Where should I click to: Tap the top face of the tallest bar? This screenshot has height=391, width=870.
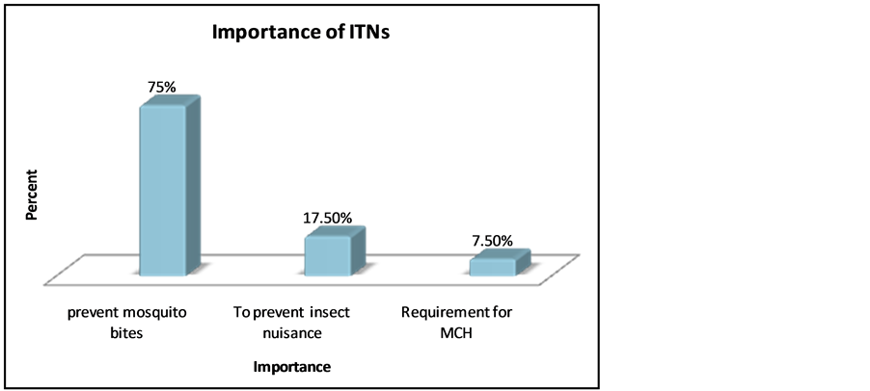[x=171, y=100]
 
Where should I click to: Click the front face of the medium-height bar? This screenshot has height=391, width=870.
[x=326, y=257]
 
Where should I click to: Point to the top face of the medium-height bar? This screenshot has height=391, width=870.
[x=336, y=231]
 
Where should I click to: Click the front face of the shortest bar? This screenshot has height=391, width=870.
[x=491, y=268]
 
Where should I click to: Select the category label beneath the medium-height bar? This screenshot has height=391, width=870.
[x=291, y=323]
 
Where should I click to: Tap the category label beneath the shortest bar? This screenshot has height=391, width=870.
[x=454, y=323]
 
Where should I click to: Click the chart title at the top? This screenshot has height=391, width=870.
[x=301, y=35]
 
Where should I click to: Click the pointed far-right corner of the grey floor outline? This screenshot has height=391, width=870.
[x=582, y=254]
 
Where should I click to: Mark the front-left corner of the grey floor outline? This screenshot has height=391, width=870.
[x=45, y=285]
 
